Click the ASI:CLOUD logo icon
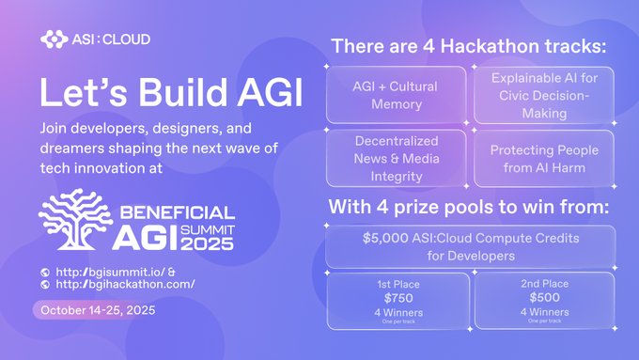tap(54, 39)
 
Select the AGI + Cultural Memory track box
tap(396, 95)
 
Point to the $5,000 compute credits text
tap(470, 245)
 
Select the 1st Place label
tap(397, 283)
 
